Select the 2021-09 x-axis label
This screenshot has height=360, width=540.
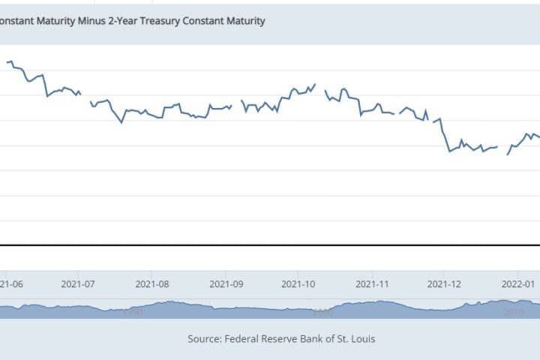click(x=226, y=284)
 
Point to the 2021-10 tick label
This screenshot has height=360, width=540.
click(x=298, y=284)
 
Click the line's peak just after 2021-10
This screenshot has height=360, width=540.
click(x=315, y=84)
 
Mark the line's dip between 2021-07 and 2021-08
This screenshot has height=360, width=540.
click(x=121, y=122)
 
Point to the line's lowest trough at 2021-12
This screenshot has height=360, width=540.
click(x=450, y=151)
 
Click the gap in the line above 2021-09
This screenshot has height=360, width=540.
click(x=236, y=103)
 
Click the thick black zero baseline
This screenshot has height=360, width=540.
click(x=270, y=245)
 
